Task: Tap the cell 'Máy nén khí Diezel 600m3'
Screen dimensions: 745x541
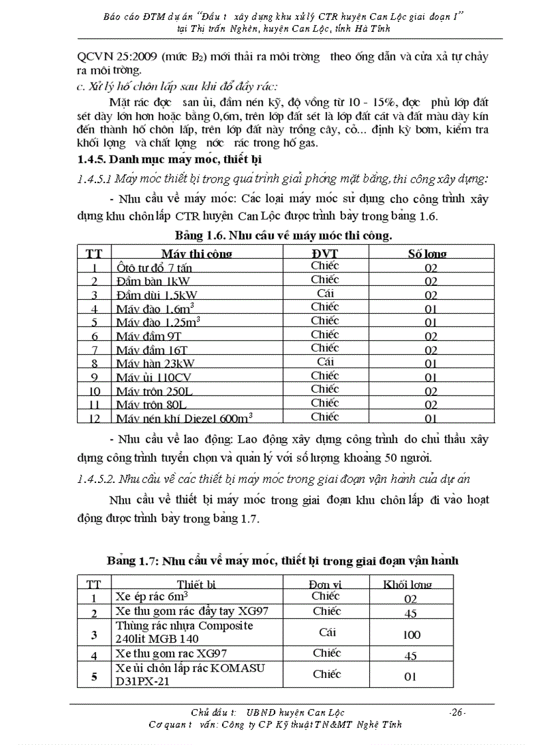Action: point(184,418)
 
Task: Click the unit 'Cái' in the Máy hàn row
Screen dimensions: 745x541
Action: point(324,362)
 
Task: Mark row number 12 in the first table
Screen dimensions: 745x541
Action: point(95,418)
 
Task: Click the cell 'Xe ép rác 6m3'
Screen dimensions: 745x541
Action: point(147,596)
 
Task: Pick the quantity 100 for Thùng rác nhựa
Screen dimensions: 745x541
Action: point(411,635)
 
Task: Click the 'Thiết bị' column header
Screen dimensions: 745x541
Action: point(197,584)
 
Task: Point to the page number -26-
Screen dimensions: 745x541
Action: point(457,712)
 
